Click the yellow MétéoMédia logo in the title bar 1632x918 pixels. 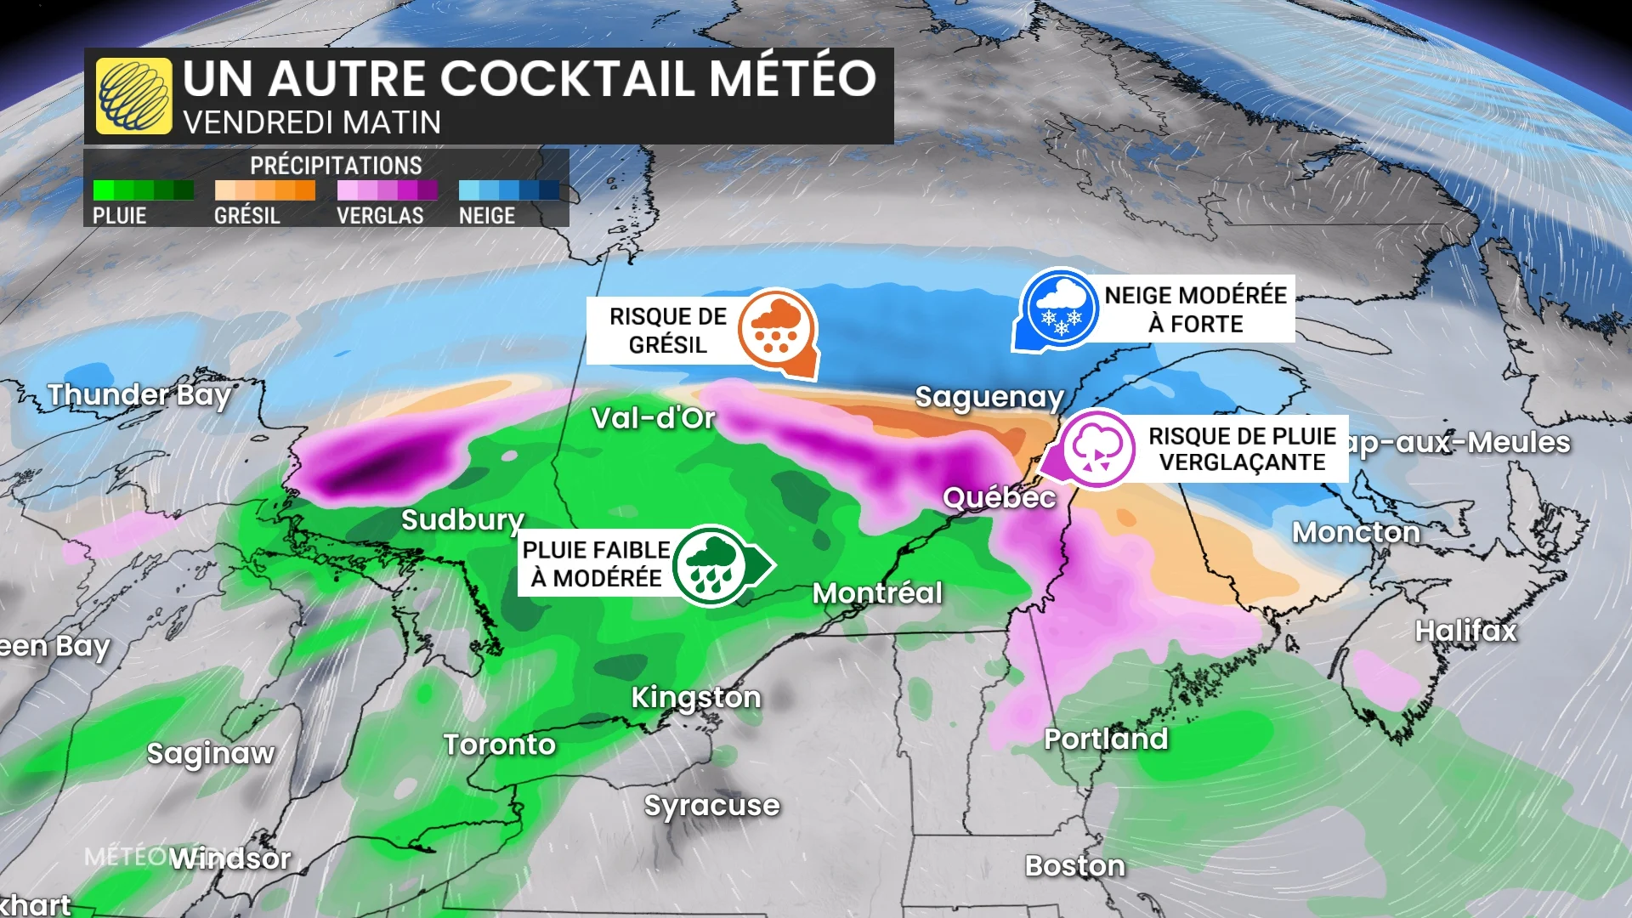tap(133, 96)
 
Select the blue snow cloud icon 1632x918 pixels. tap(1060, 308)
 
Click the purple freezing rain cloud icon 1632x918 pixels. tap(1097, 449)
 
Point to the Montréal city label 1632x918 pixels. tap(877, 592)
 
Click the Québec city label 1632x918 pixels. tap(999, 497)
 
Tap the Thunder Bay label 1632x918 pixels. tap(139, 395)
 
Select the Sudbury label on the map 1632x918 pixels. tap(462, 519)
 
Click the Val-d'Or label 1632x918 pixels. tap(653, 417)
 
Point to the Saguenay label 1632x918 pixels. tap(989, 397)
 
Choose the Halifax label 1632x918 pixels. tap(1465, 630)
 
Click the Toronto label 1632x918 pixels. tap(500, 745)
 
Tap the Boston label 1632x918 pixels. tap(1075, 865)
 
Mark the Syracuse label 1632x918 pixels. tap(711, 805)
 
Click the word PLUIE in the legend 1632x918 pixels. tap(120, 216)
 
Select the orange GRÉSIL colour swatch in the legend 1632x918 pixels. tap(264, 190)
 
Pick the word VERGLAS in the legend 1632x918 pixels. tap(380, 216)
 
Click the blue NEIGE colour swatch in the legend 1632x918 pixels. tap(508, 190)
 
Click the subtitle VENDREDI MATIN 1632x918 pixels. tap(312, 122)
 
